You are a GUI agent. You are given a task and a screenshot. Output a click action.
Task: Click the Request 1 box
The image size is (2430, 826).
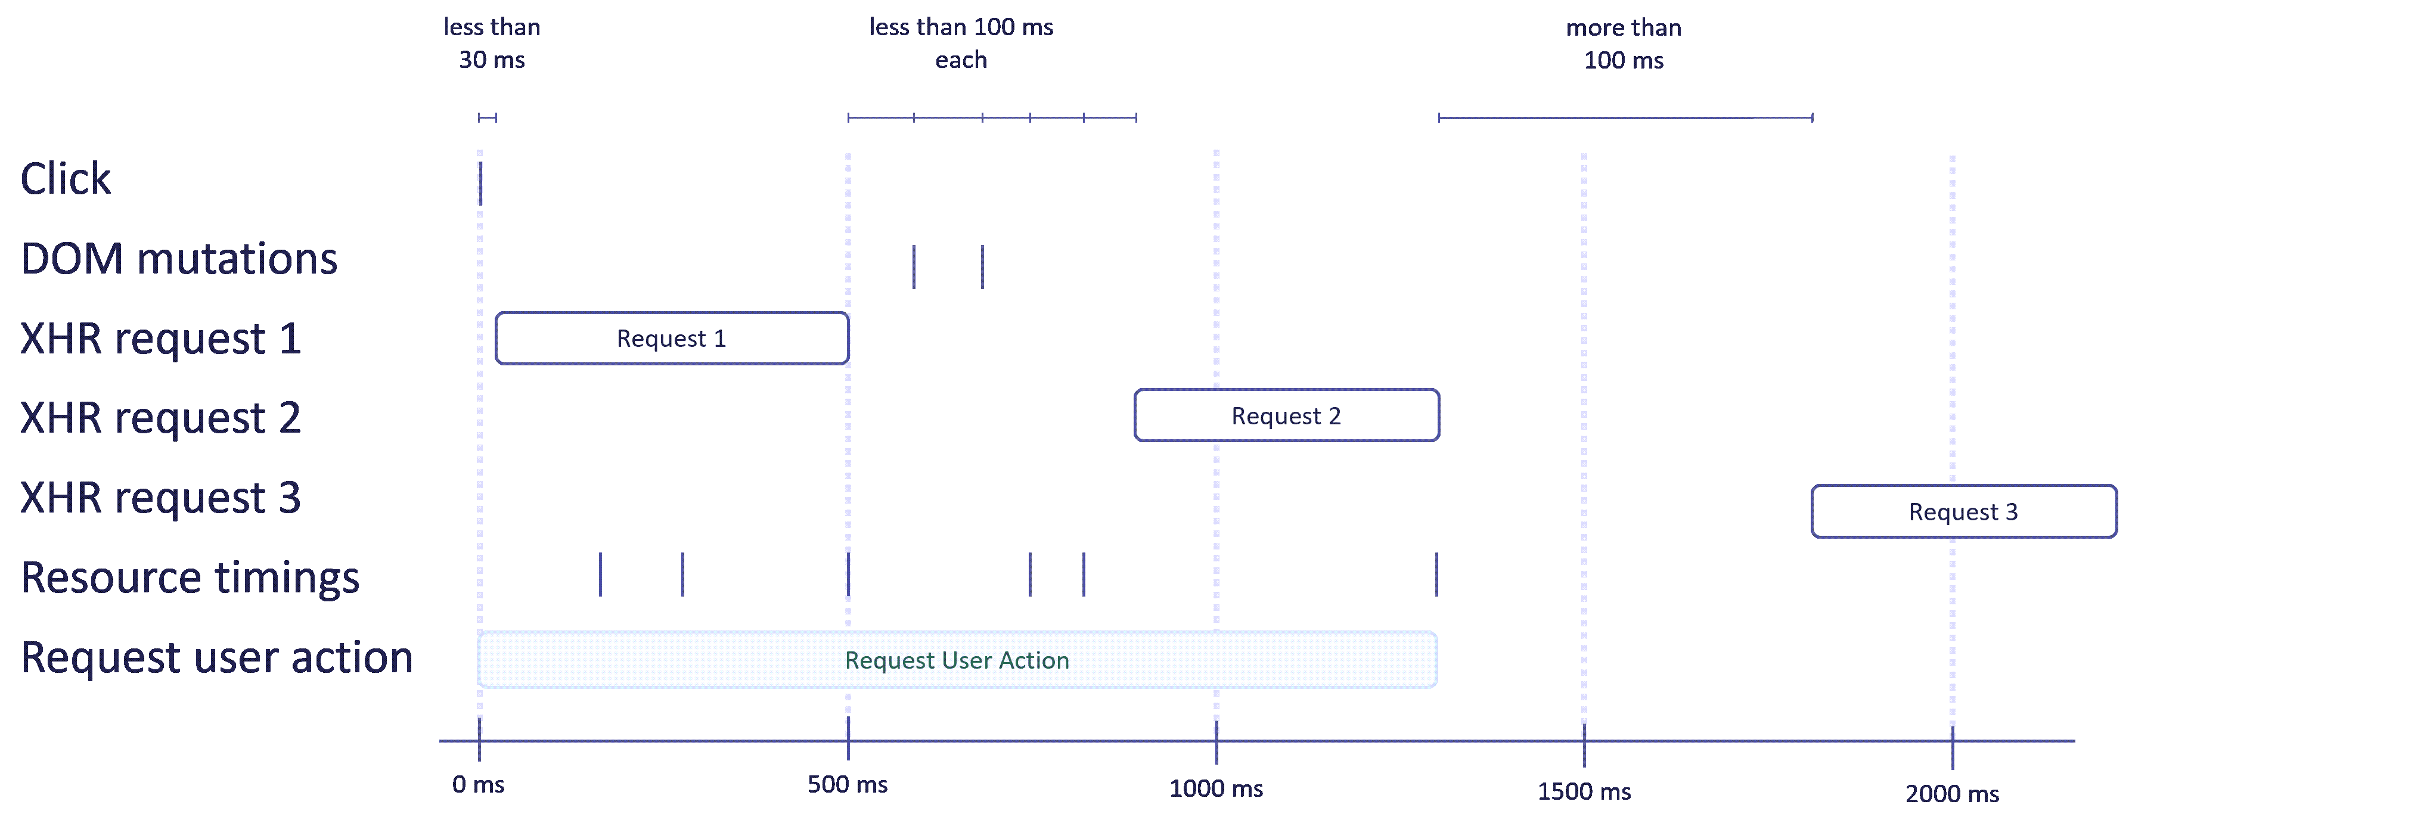pos(672,339)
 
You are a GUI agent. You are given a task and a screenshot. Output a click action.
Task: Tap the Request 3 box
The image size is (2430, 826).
pos(1963,512)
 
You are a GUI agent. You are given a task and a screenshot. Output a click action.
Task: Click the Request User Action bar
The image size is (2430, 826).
pos(957,660)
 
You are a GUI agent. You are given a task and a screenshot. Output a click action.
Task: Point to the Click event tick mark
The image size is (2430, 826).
pos(480,183)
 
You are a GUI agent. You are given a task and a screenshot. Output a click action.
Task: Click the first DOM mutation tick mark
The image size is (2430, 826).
pos(913,267)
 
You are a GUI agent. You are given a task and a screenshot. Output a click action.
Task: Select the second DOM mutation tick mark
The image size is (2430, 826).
pos(982,267)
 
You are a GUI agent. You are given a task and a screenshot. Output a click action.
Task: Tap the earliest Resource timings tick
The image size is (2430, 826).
pos(600,575)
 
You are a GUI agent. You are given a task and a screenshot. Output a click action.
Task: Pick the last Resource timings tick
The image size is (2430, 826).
pos(1436,575)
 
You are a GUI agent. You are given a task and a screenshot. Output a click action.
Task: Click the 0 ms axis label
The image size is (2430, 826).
pos(478,784)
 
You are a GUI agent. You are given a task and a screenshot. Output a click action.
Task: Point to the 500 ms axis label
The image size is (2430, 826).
pos(847,784)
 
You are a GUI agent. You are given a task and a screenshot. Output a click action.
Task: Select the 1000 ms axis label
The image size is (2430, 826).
pos(1216,788)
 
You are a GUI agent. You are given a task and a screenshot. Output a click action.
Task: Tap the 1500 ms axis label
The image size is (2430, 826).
pos(1584,791)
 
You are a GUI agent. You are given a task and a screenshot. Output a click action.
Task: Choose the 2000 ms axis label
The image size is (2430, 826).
pos(1952,794)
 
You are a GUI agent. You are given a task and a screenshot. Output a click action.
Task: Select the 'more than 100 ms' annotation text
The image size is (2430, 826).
pos(1624,44)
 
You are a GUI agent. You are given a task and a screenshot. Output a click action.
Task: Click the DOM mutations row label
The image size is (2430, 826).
pos(178,259)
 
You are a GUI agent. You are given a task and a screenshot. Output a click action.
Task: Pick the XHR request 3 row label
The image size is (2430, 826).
pos(160,497)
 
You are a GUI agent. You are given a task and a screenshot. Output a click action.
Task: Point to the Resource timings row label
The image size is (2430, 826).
pos(190,577)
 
